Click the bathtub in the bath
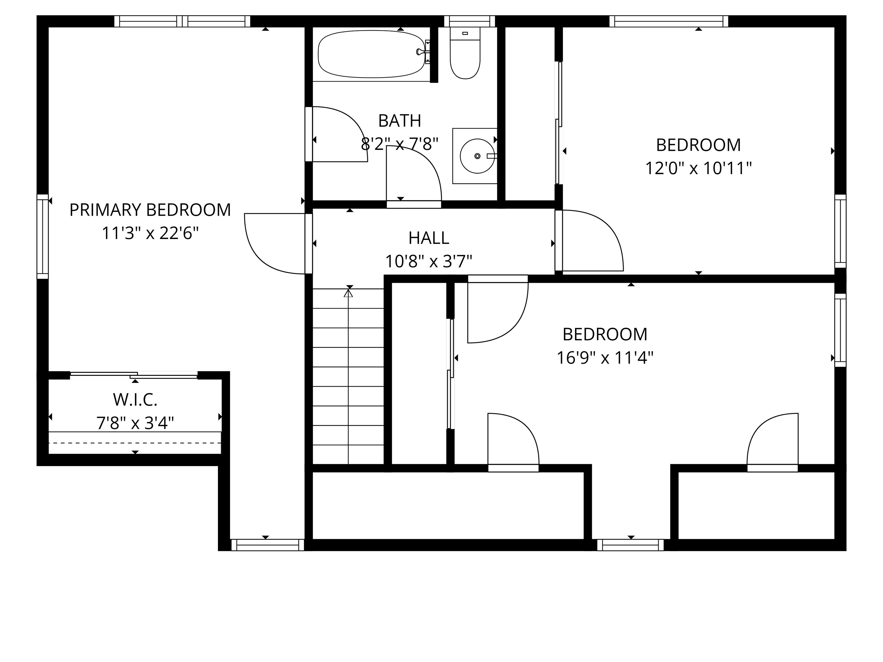[x=371, y=55]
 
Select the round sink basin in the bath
[x=477, y=156]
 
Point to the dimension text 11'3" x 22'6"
[x=150, y=233]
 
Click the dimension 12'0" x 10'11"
[x=698, y=168]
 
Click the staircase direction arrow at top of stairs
[x=348, y=294]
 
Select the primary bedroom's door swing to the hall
[x=271, y=247]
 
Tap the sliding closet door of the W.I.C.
[x=134, y=375]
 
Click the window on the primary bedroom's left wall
[x=43, y=237]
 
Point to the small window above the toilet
[x=469, y=21]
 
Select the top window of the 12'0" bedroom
[x=669, y=21]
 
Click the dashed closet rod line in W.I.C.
[x=135, y=443]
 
